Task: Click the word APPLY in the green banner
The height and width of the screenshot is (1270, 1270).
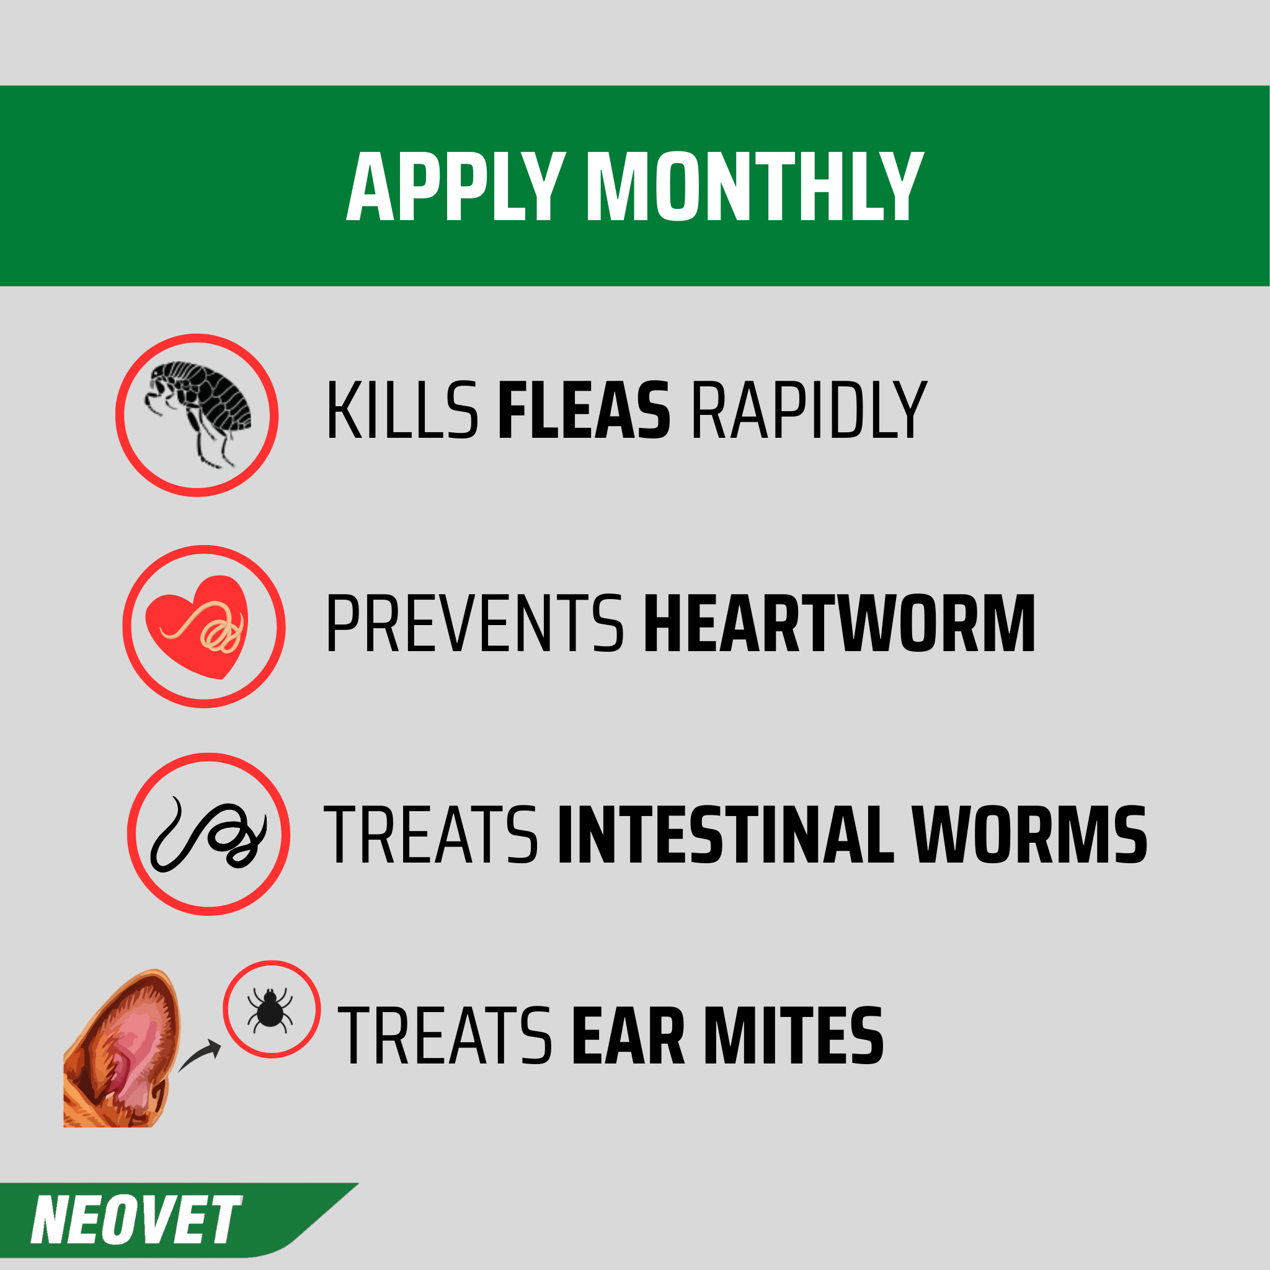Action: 456,187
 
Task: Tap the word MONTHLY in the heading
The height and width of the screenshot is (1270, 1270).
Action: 755,187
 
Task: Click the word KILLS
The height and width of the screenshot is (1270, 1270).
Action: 402,410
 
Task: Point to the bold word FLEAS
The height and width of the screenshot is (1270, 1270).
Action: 584,410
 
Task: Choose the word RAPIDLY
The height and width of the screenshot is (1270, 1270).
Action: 809,410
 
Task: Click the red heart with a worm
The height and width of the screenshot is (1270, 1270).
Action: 197,626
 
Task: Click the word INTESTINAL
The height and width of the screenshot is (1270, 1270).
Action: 726,835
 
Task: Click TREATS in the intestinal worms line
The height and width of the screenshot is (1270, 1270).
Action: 431,835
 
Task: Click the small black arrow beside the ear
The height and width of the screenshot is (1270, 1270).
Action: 199,1054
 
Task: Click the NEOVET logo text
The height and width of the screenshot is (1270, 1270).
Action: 136,1219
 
